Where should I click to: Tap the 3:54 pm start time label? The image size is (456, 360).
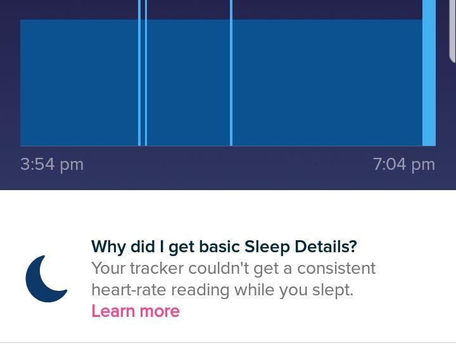tap(52, 165)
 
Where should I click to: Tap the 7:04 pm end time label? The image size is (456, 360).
tap(404, 165)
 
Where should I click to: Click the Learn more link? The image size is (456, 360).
tap(136, 311)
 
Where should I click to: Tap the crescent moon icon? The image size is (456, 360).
tap(46, 279)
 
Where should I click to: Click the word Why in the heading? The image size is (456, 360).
tap(109, 247)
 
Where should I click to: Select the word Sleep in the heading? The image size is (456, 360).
tap(267, 247)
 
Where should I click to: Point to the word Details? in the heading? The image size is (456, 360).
tap(326, 247)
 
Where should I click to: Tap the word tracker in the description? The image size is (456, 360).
tap(157, 268)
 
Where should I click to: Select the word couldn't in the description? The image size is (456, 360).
tap(219, 268)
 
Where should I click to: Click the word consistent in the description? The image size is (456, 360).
tap(336, 268)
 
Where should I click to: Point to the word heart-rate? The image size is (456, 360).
tap(129, 290)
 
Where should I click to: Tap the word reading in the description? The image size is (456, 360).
tap(200, 290)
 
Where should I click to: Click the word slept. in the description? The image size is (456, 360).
tap(332, 290)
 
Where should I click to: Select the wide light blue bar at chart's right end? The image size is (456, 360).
tap(429, 73)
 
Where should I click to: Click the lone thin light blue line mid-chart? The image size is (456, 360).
tap(231, 73)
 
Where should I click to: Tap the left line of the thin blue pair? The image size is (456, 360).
tap(139, 73)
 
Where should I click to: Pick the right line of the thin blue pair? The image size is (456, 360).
tap(146, 73)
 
